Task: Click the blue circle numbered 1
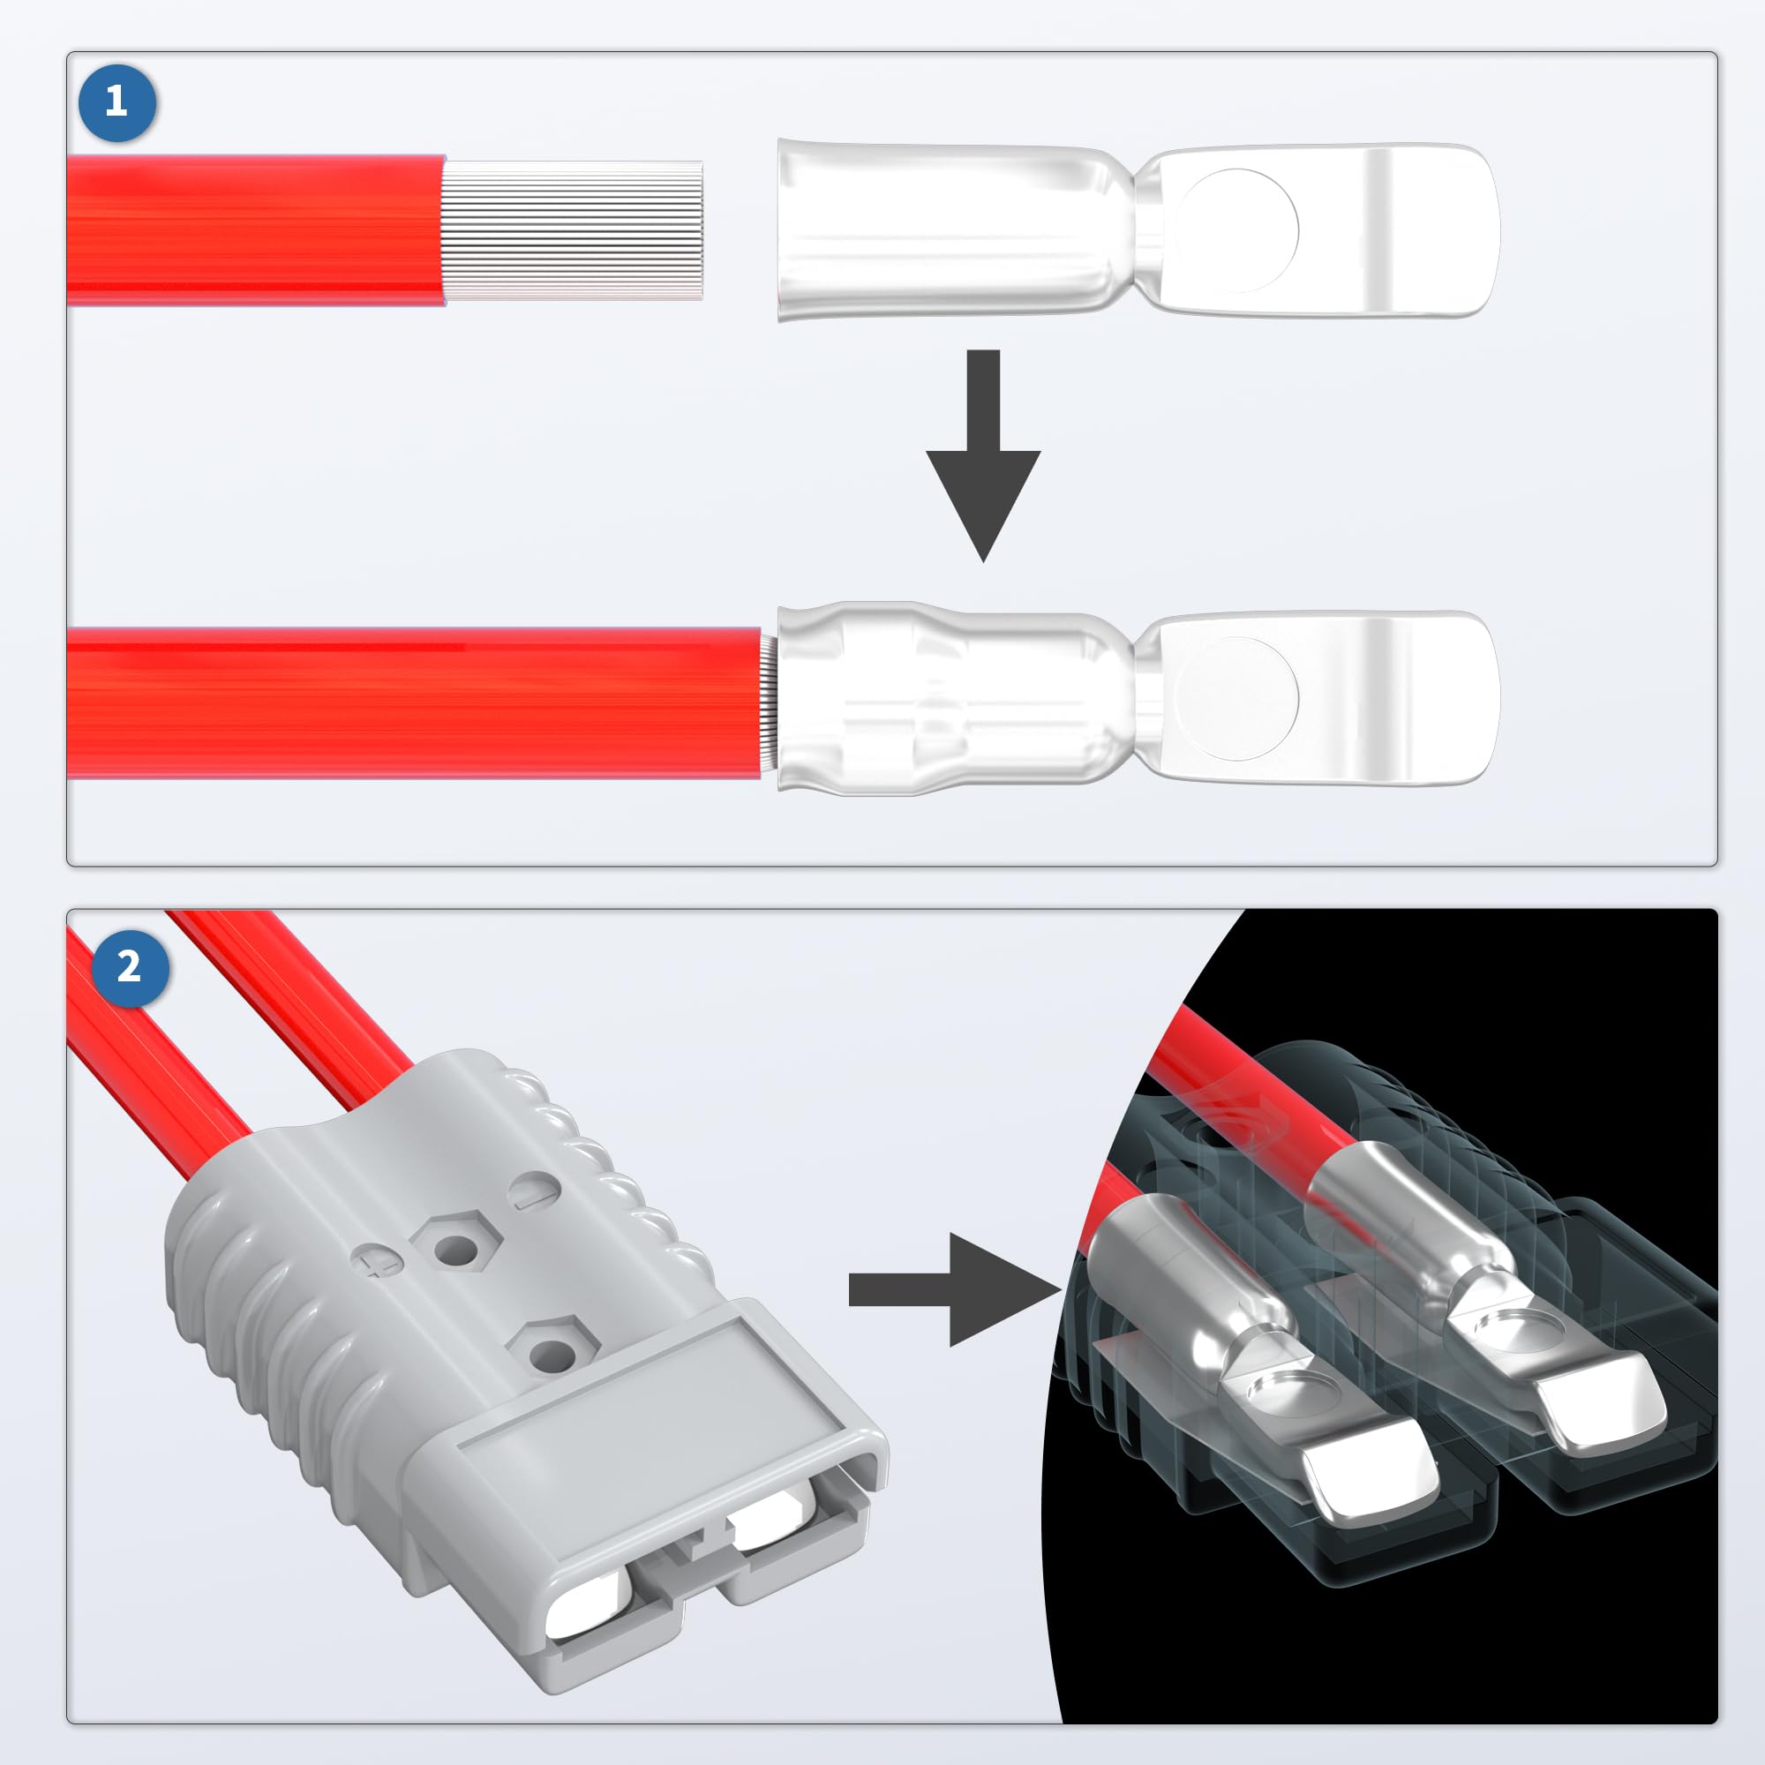pos(117,101)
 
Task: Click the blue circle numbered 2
pos(130,967)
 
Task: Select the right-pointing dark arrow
pos(968,1289)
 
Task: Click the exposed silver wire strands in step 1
pos(574,230)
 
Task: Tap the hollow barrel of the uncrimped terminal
pos(941,230)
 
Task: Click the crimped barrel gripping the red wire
pos(941,698)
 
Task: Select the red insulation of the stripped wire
pos(256,230)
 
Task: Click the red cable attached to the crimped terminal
pos(411,702)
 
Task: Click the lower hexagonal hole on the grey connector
pos(552,1349)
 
